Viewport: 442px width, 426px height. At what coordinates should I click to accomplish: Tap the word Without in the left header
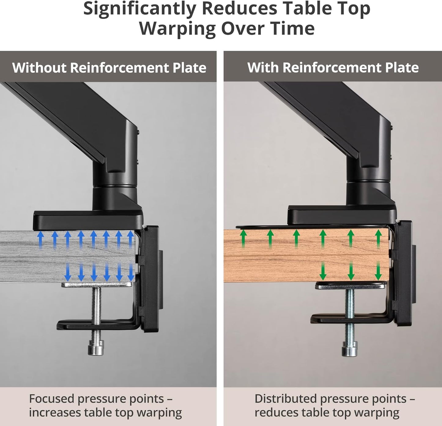point(39,67)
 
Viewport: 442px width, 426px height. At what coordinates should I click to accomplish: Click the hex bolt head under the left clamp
point(96,348)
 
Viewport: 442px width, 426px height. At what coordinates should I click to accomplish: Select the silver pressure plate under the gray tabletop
point(97,285)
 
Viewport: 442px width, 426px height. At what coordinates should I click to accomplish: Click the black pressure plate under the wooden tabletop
point(351,286)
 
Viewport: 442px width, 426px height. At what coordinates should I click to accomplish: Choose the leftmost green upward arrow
point(243,239)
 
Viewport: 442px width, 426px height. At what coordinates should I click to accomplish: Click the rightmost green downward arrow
point(378,271)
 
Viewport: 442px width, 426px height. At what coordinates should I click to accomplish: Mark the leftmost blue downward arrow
point(68,272)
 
